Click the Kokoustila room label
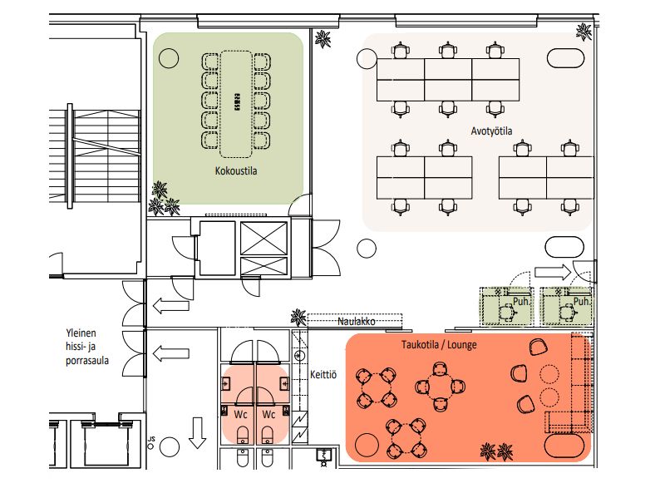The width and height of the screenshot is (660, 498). click(236, 171)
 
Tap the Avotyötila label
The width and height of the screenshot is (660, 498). click(491, 131)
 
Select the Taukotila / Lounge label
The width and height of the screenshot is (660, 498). click(439, 345)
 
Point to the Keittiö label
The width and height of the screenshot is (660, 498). click(323, 374)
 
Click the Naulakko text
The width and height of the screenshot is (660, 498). click(356, 322)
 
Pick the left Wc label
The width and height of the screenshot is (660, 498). click(240, 415)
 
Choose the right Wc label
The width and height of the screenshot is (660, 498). click(268, 415)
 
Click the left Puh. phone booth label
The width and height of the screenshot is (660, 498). click(521, 302)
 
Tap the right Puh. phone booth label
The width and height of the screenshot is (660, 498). click(581, 302)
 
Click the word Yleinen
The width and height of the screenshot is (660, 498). click(81, 333)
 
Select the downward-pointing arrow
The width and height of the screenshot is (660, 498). click(197, 433)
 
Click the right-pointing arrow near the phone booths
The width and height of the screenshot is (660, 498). click(553, 272)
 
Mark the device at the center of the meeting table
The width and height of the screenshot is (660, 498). click(237, 101)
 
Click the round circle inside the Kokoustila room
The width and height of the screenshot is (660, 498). click(169, 57)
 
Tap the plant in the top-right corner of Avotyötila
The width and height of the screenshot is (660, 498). click(584, 32)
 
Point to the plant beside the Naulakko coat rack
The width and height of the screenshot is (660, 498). click(298, 318)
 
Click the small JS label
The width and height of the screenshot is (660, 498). click(151, 439)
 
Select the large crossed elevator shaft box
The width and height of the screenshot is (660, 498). click(264, 239)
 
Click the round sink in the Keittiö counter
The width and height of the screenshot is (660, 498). click(300, 355)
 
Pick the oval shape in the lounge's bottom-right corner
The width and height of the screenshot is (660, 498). click(564, 446)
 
